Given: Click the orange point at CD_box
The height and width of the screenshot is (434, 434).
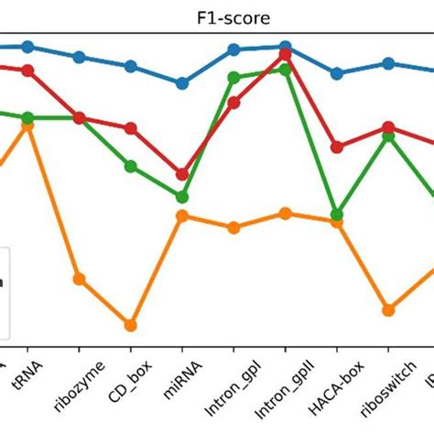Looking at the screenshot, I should click(x=131, y=325).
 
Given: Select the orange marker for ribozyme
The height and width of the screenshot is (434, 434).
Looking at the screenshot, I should click(x=80, y=278).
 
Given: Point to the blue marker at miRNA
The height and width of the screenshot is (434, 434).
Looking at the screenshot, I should click(x=182, y=83).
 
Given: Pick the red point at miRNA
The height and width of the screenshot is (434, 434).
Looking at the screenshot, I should click(x=182, y=174).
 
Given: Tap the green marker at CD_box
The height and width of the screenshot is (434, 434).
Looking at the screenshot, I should click(x=131, y=166).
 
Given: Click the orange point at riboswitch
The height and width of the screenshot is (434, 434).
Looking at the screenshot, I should click(x=388, y=309).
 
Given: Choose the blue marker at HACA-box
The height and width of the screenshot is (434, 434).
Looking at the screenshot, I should click(x=337, y=73).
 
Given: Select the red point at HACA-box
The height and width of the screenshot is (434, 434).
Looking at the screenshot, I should click(x=337, y=146).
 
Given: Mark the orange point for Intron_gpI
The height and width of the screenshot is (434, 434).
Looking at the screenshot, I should click(x=233, y=227).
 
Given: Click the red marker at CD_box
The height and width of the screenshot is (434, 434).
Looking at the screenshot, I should click(x=131, y=128).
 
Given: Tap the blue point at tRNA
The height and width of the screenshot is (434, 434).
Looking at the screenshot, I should click(x=27, y=46).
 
